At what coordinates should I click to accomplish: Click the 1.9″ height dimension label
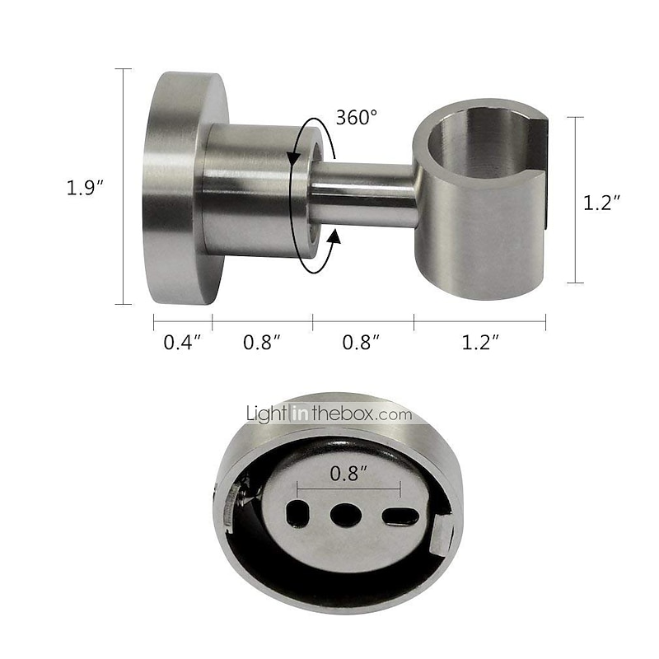(x=86, y=187)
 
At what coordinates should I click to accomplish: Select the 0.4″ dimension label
(x=182, y=343)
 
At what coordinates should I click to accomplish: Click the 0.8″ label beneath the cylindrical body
(x=262, y=343)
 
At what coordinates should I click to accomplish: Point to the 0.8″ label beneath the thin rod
(x=361, y=343)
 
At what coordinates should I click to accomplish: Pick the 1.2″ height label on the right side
(x=601, y=202)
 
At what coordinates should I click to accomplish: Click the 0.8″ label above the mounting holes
(x=348, y=474)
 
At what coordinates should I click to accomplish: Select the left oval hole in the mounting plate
(x=296, y=514)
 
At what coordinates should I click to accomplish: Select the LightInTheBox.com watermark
(x=329, y=414)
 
